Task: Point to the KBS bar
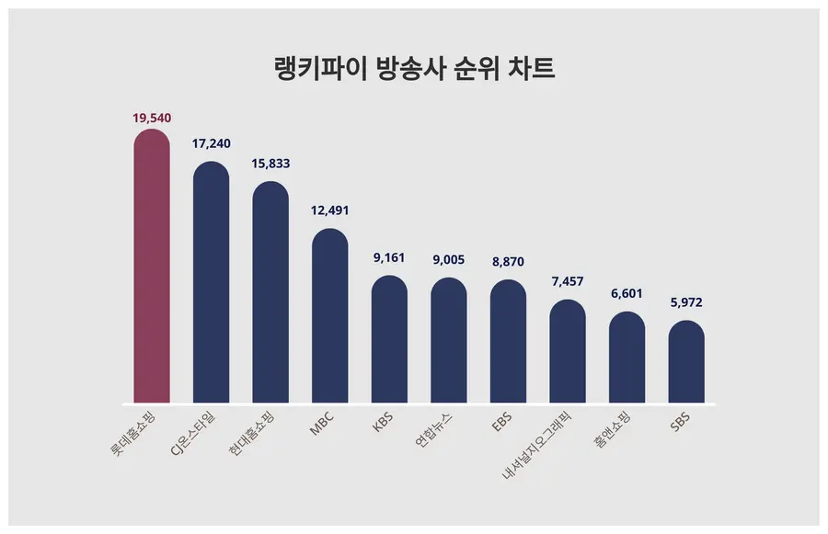coord(389,339)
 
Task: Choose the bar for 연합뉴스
coord(449,340)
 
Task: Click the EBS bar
coord(508,341)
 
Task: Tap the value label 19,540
coord(152,118)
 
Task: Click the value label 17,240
coord(211,143)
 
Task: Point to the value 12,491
coord(330,210)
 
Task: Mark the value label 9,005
coord(449,260)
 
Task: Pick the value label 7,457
coord(568,280)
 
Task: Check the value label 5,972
coord(686,301)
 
